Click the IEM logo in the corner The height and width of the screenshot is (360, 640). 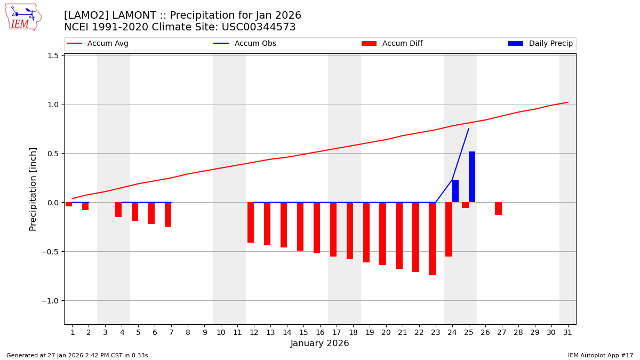click(23, 17)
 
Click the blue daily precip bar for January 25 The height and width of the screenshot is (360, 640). click(472, 177)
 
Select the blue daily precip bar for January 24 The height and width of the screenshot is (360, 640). click(455, 191)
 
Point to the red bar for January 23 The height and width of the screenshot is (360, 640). click(432, 238)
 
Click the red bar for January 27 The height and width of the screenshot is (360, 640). click(498, 209)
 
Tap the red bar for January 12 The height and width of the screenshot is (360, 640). click(251, 222)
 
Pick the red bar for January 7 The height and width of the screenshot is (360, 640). click(168, 214)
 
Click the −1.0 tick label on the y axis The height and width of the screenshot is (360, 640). click(49, 301)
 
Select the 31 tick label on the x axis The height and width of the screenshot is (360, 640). click(567, 332)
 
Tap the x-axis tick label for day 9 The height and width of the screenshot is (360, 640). click(204, 332)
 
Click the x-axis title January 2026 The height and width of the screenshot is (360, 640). click(319, 343)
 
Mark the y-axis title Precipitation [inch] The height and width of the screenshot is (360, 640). click(33, 189)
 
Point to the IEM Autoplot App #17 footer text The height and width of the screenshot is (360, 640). click(601, 355)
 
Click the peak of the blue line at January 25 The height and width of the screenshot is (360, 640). click(469, 129)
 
